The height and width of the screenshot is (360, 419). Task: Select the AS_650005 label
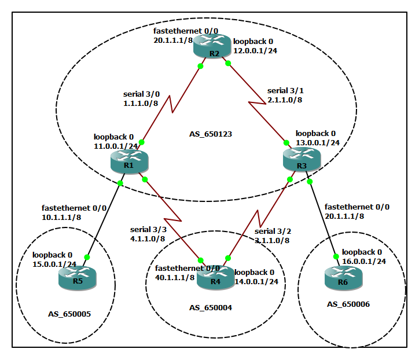point(69,314)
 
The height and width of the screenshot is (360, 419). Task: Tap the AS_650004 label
point(211,308)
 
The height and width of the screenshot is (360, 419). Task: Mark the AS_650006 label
point(348,304)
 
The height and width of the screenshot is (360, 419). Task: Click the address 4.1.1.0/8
point(148,238)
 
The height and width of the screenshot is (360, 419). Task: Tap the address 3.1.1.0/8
point(272,240)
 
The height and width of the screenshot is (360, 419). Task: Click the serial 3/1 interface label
point(285,91)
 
